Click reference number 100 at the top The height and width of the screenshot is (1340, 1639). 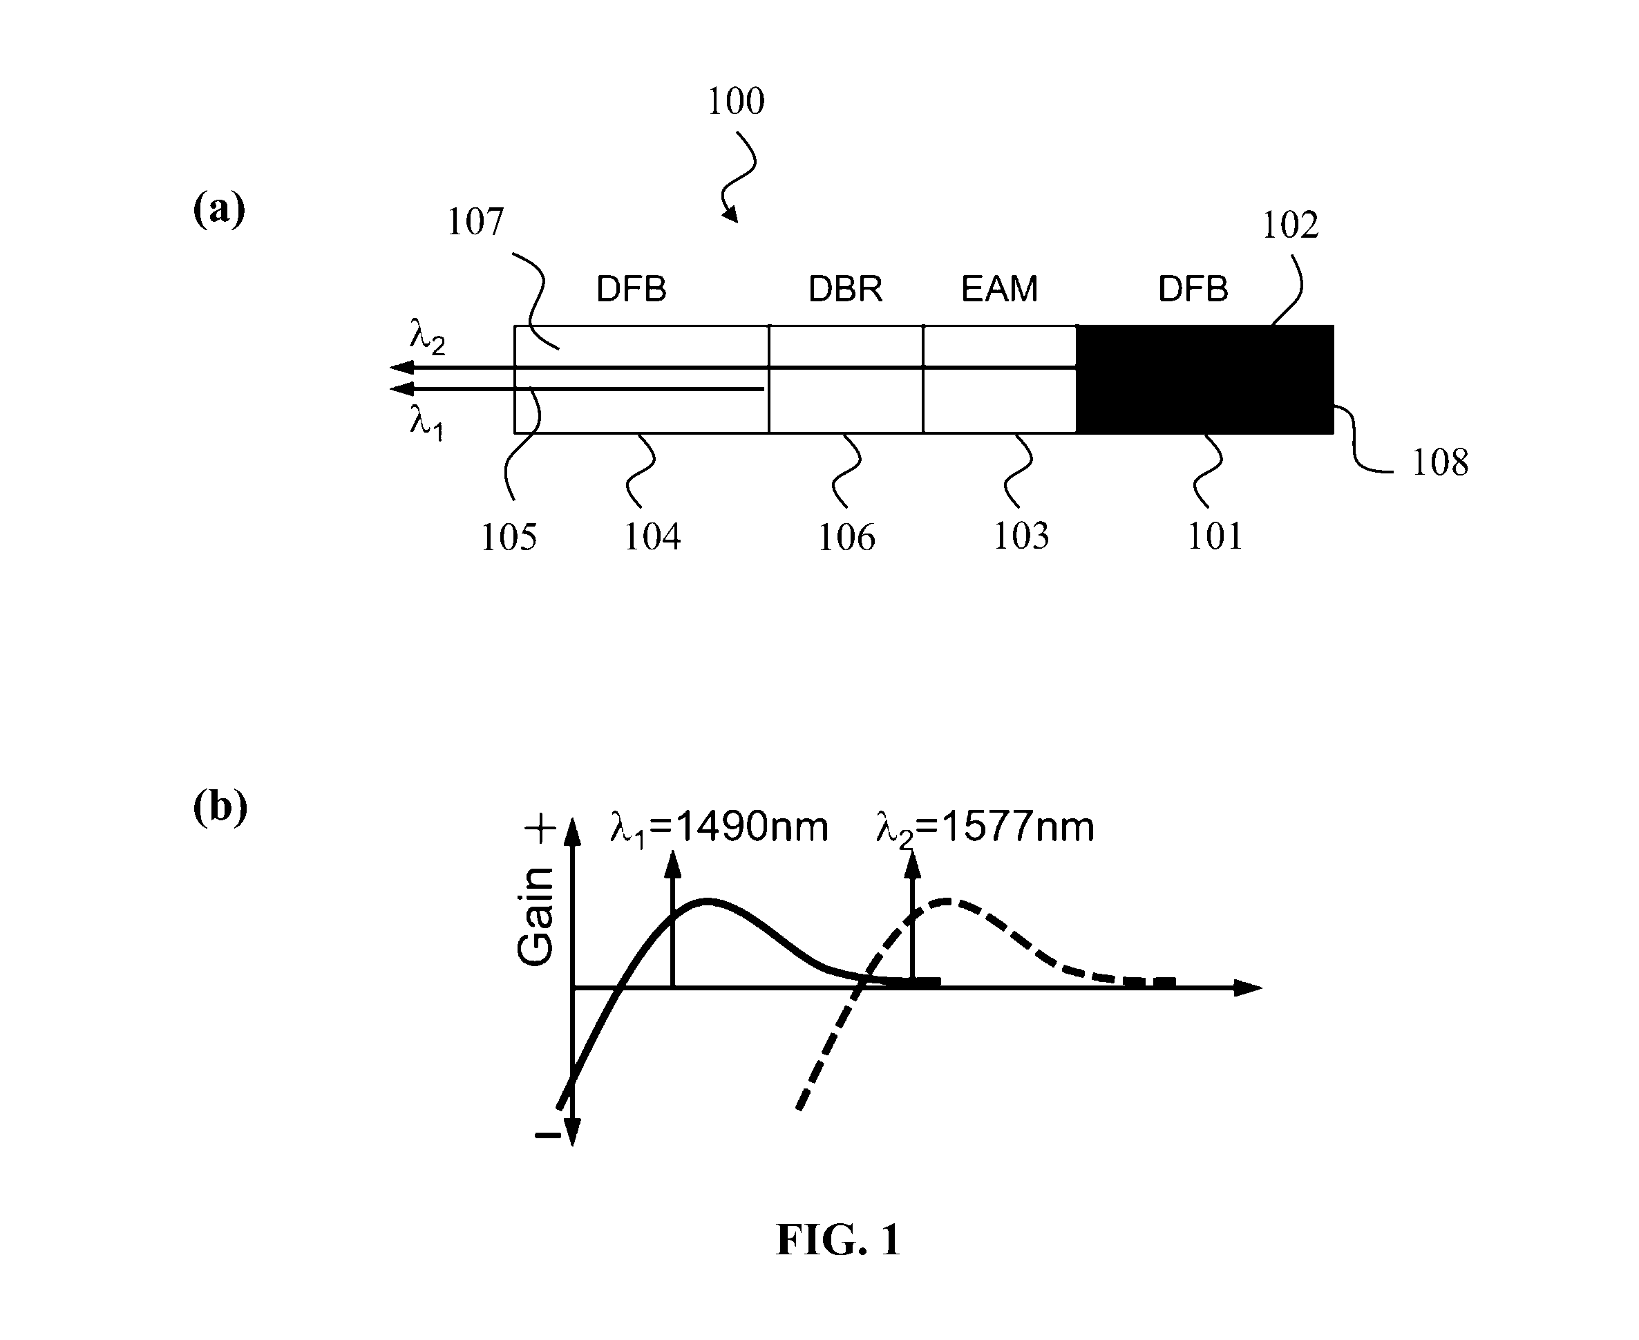coord(735,101)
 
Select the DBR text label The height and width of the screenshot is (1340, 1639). coord(845,289)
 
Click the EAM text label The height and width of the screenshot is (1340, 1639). coord(999,289)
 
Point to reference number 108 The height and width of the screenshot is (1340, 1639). coord(1440,462)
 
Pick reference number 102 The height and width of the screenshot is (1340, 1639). coord(1290,225)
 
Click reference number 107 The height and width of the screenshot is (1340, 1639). coord(475,222)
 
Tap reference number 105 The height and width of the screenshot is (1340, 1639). coord(509,536)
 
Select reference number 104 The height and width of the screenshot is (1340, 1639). coord(652,536)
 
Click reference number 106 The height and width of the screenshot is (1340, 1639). coord(846,537)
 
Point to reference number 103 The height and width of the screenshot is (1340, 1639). coord(1021,536)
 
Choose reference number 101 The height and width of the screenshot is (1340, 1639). coord(1215,536)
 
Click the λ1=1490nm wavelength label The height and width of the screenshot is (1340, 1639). coord(719,827)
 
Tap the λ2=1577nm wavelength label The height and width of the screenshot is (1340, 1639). coord(985,827)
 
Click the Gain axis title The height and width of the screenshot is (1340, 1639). coord(536,916)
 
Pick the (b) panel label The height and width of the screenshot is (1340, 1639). coord(220,806)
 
